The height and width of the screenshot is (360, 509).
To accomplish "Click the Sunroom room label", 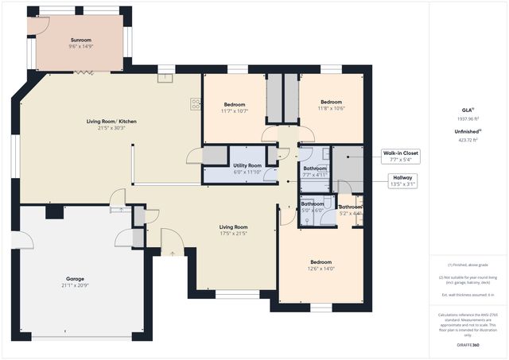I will click(x=80, y=41).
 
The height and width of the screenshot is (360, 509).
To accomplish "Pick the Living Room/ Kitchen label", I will click(x=111, y=122).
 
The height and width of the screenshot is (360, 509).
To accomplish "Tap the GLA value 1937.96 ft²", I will click(x=468, y=118).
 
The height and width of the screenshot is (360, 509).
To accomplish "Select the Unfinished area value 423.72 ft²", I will click(x=468, y=140).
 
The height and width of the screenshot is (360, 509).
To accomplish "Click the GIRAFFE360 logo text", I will click(x=468, y=346).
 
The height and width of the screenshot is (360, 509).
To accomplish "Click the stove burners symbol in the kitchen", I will click(x=195, y=103).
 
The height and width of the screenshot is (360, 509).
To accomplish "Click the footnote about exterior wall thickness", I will click(x=468, y=295).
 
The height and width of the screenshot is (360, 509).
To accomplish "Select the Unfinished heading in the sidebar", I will click(x=467, y=130).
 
